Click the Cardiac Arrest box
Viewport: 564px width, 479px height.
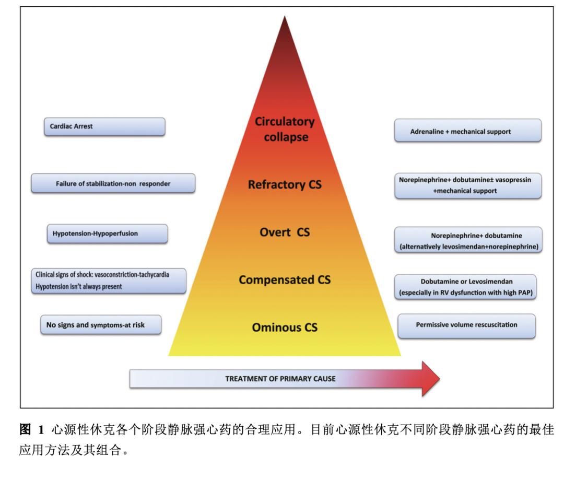pos(104,127)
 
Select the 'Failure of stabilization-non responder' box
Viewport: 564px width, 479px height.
pos(113,184)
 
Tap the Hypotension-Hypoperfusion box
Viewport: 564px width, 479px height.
pos(109,233)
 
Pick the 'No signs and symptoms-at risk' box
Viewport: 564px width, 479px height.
pos(100,325)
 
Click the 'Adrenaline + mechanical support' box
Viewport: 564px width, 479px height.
pos(467,131)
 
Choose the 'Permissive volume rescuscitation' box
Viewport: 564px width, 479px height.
pos(466,325)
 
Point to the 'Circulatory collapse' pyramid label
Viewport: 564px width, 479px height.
pos(285,129)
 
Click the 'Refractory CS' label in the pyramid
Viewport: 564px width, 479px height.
pos(285,184)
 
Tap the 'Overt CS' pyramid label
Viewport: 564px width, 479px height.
pos(285,232)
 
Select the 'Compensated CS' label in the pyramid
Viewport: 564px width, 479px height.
pos(285,279)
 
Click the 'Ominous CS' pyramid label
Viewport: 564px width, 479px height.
pos(285,328)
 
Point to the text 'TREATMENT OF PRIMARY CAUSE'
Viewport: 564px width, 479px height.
pos(280,378)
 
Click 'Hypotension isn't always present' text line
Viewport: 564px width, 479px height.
pos(79,287)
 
